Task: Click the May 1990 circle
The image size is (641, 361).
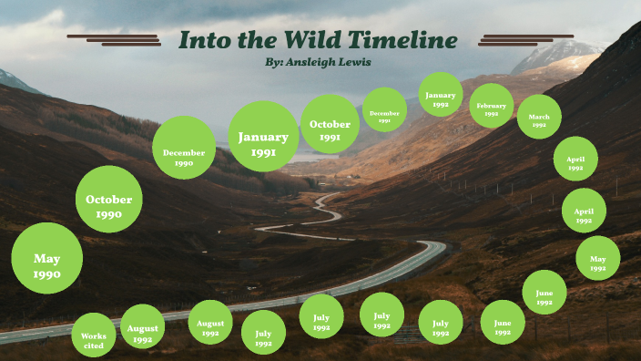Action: point(46,258)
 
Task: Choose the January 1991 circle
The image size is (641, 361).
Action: point(263,137)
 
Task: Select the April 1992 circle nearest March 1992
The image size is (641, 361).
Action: point(575,159)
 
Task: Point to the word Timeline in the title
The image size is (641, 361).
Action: point(404,40)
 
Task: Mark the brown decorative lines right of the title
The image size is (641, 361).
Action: point(525,39)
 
